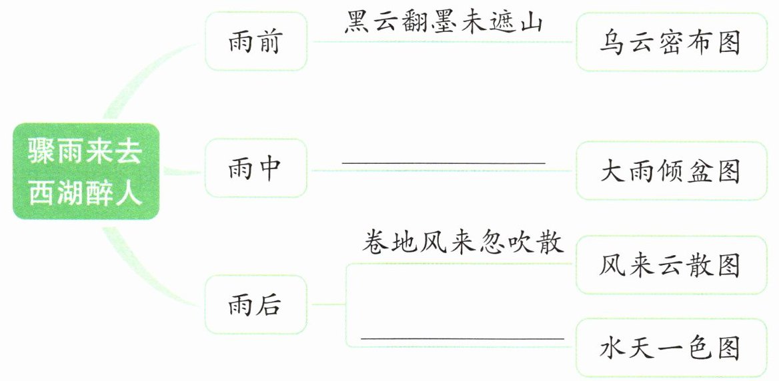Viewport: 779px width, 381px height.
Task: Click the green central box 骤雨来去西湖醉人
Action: (85, 171)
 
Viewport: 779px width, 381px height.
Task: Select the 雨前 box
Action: (255, 41)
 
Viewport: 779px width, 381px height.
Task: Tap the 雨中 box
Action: (255, 169)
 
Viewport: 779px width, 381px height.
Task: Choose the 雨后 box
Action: (255, 304)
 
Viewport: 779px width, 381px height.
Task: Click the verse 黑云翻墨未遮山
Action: (444, 23)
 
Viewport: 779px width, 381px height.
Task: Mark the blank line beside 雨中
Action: (444, 163)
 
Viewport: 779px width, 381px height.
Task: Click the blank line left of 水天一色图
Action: (462, 338)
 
